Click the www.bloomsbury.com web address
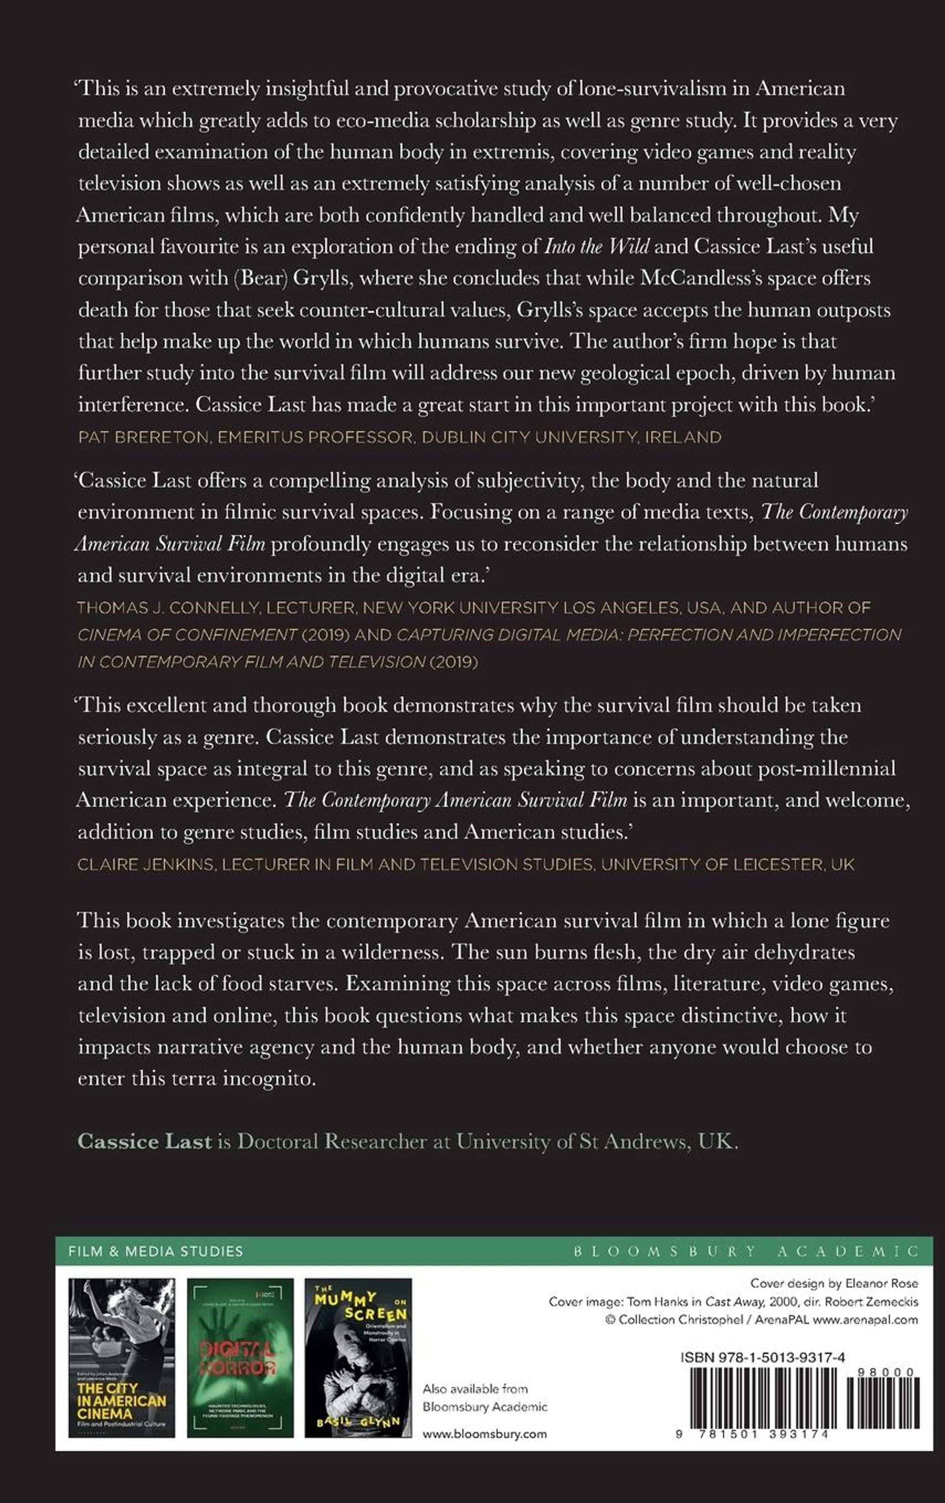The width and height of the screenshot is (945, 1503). tap(484, 1434)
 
